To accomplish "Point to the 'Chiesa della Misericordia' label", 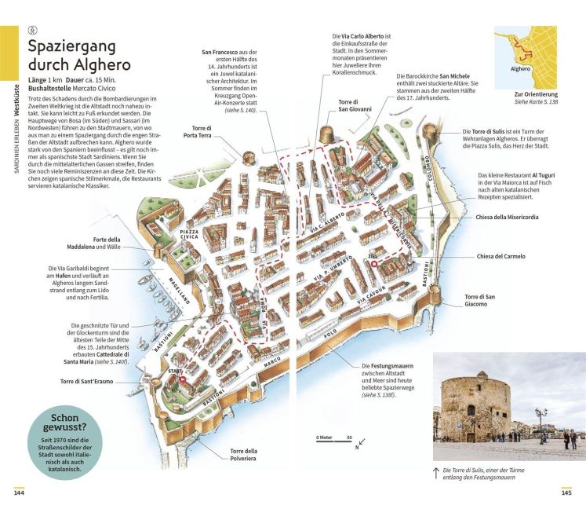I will [x=507, y=217].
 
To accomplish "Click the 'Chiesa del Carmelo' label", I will [x=500, y=256].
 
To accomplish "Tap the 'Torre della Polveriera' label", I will [x=243, y=455].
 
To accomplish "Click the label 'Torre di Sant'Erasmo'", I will [x=87, y=382].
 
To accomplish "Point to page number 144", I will [x=19, y=493].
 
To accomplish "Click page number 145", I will [x=566, y=493].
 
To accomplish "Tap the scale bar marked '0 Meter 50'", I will [x=334, y=441].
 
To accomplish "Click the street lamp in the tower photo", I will [x=541, y=422].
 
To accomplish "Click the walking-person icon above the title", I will [x=32, y=31].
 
